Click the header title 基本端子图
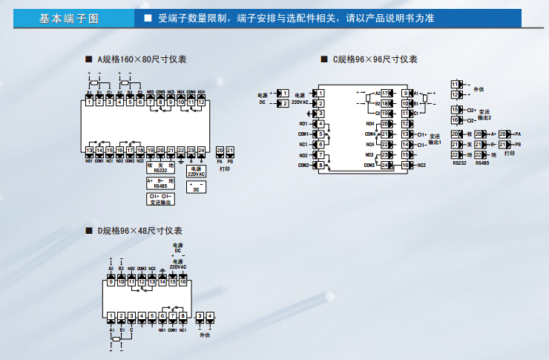[68, 19]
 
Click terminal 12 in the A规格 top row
[201, 102]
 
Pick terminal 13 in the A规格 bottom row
[89, 151]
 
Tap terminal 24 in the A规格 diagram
[201, 151]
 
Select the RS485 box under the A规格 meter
[160, 183]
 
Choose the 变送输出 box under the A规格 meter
[160, 199]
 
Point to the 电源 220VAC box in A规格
[196, 170]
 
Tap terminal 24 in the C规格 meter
[384, 165]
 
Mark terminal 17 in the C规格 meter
[385, 93]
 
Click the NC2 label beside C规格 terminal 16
[421, 165]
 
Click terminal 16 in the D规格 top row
[183, 282]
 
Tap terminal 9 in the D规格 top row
[111, 282]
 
